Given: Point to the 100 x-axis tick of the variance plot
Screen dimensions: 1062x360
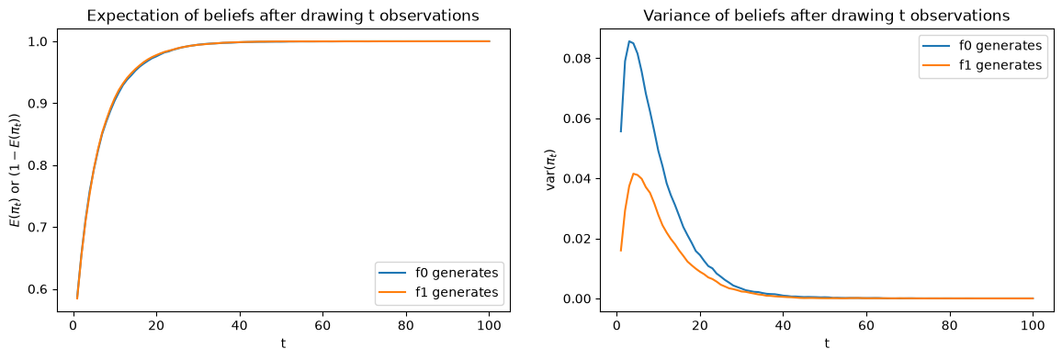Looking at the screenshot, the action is [x=1033, y=325].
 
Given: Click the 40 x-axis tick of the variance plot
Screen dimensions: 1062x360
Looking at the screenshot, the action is [x=783, y=325].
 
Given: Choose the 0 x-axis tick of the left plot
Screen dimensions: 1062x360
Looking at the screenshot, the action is [x=73, y=325].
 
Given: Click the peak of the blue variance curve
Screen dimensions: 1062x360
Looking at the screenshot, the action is [x=629, y=41].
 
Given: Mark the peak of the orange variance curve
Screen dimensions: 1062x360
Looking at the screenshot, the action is [x=633, y=174].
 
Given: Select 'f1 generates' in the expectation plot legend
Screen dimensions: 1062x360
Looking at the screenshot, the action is [x=458, y=292].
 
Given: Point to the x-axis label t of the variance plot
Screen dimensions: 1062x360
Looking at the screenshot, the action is [x=826, y=343].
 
